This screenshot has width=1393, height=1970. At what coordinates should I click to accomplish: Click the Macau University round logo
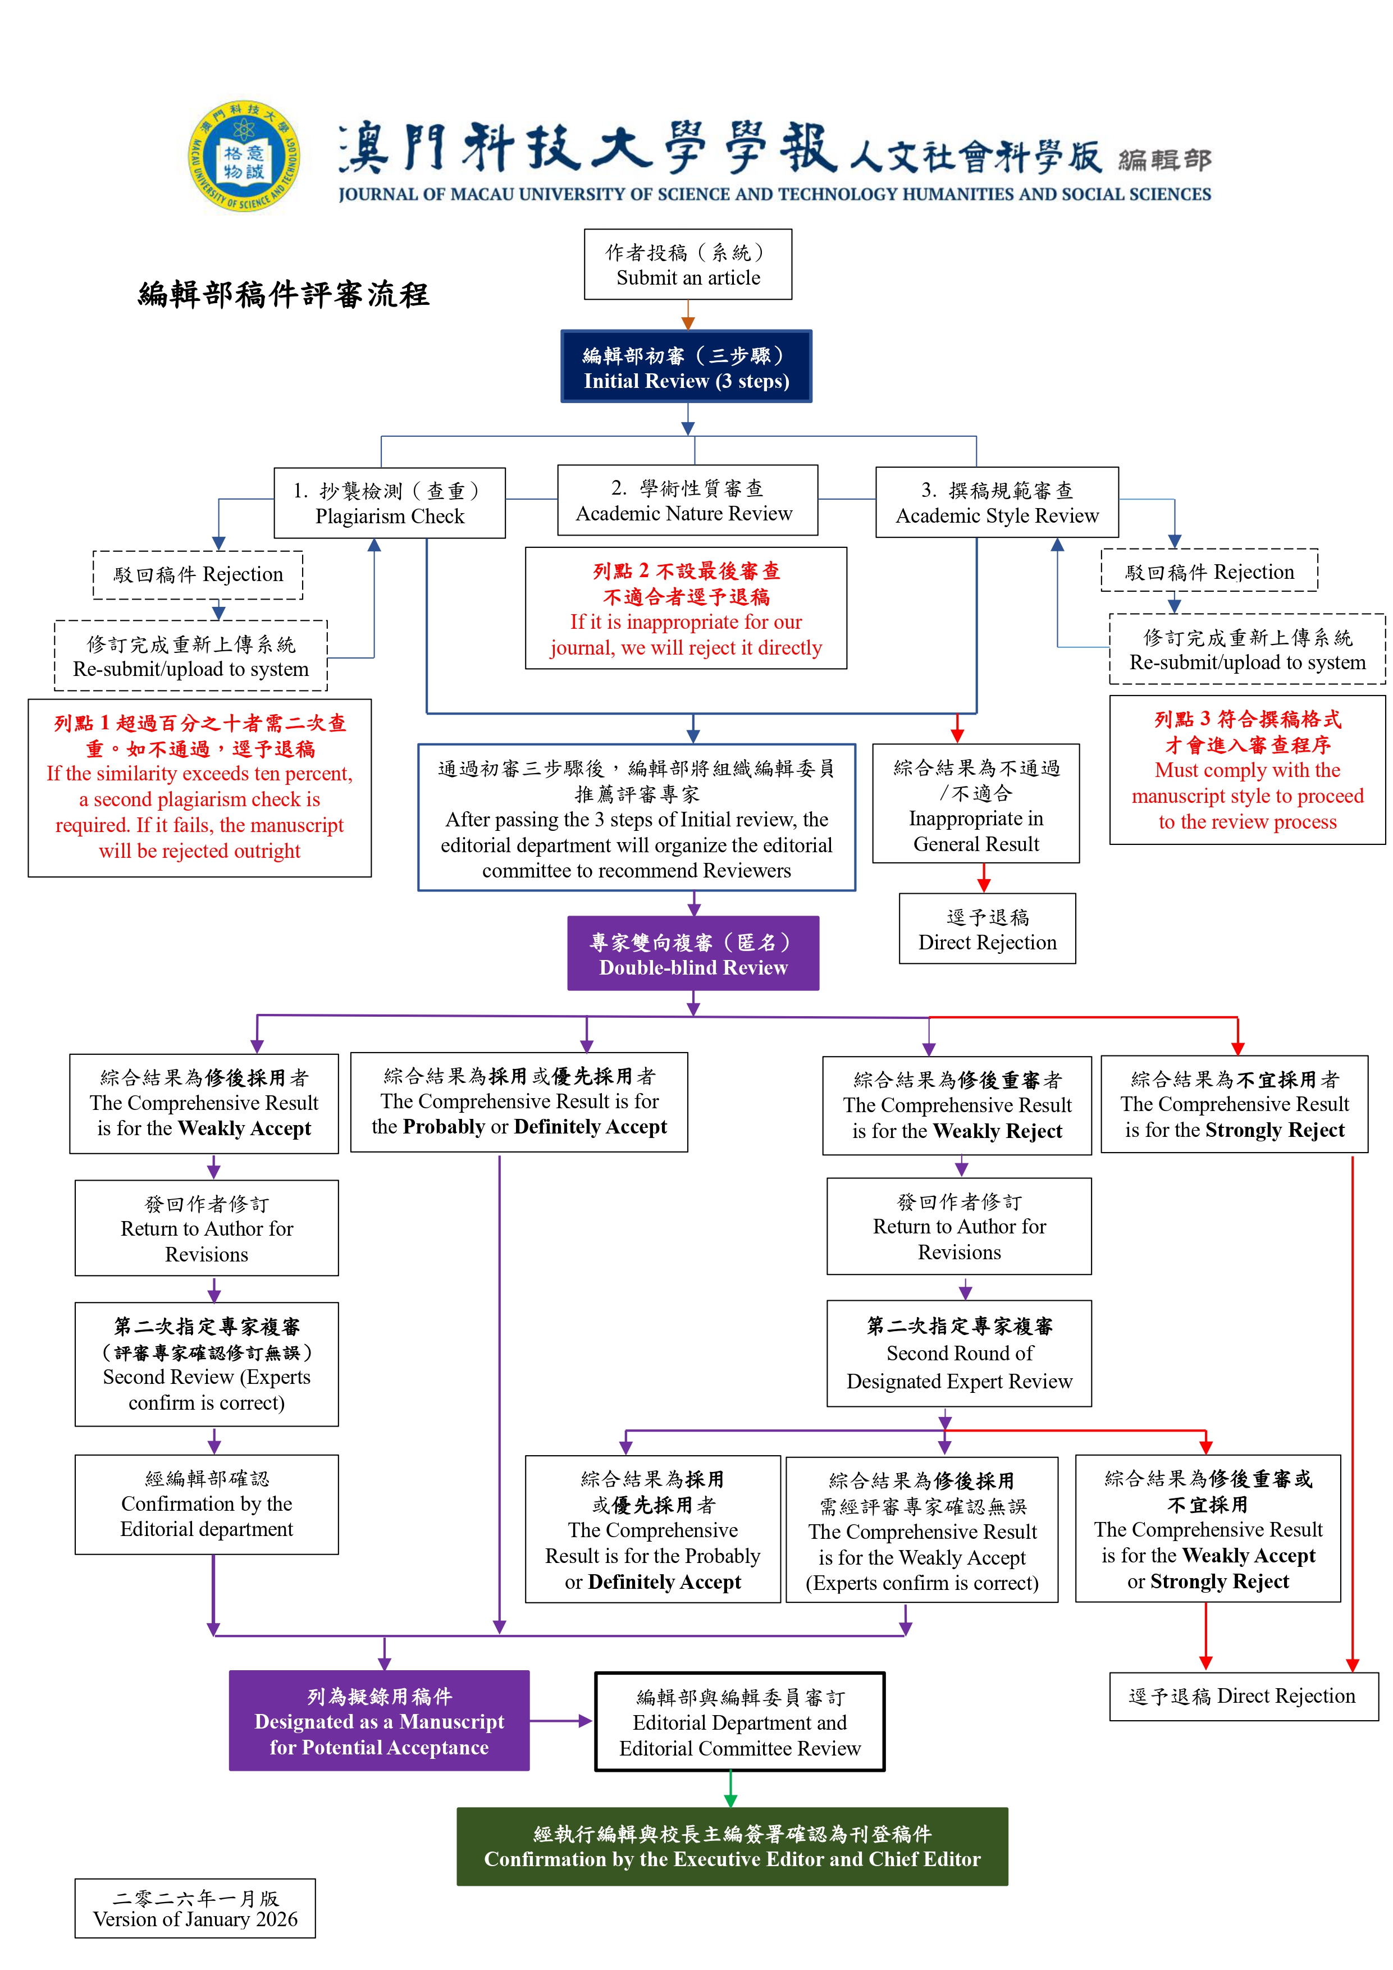[x=245, y=156]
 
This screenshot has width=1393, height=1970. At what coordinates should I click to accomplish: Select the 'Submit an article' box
[x=687, y=264]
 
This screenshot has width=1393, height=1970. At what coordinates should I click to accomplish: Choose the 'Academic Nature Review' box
[x=687, y=500]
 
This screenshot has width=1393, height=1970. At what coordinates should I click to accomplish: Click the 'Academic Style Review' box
[x=997, y=503]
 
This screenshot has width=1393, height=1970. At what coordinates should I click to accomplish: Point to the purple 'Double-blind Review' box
[x=693, y=954]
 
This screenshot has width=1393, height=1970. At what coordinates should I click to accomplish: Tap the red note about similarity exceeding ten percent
[x=199, y=788]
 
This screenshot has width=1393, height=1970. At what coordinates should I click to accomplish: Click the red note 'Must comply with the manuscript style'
[x=1246, y=770]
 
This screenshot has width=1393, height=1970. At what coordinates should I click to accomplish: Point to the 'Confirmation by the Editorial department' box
[x=206, y=1504]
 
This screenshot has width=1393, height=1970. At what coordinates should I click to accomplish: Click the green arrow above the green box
[x=730, y=1790]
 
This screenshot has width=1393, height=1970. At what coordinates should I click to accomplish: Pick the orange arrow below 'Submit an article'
[x=687, y=315]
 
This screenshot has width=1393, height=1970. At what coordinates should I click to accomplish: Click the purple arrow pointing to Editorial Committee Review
[x=562, y=1720]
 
